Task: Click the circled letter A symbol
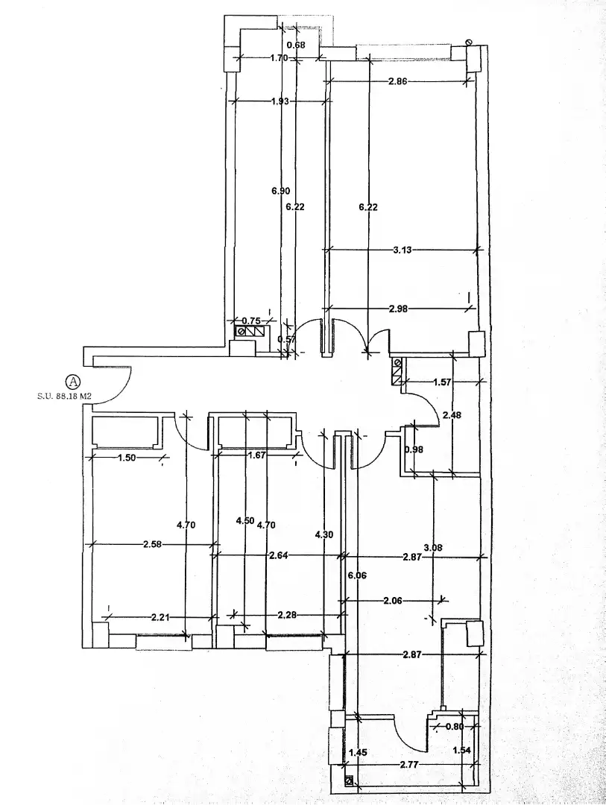(x=74, y=381)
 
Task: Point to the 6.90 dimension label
(x=281, y=191)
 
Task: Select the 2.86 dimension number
(x=397, y=80)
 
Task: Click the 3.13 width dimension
(x=402, y=250)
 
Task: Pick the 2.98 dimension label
(x=399, y=308)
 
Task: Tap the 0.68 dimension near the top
(x=296, y=45)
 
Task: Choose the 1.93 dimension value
(x=280, y=101)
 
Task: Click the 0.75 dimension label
(x=251, y=321)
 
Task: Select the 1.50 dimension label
(x=126, y=458)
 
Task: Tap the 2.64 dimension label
(x=278, y=555)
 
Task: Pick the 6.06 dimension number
(x=357, y=575)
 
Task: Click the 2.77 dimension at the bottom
(x=409, y=765)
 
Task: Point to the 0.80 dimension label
(x=454, y=727)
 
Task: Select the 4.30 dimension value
(x=323, y=534)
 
